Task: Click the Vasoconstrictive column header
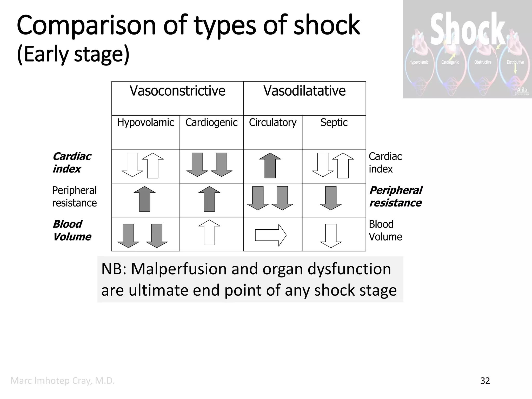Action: (177, 91)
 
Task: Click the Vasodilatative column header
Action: (304, 91)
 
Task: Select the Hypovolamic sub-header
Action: (145, 122)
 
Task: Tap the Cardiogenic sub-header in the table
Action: (211, 122)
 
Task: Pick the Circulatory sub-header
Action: (272, 122)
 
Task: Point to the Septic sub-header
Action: (334, 122)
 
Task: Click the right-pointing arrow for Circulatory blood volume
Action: (271, 235)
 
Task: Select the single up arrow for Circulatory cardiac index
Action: (270, 165)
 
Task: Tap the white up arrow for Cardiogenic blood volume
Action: (209, 232)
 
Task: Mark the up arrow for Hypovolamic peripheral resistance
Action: (145, 199)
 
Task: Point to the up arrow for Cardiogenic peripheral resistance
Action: (209, 199)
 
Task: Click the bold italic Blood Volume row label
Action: (72, 230)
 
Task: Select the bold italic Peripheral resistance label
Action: (395, 197)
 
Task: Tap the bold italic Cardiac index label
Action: (72, 163)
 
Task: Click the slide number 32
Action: (485, 381)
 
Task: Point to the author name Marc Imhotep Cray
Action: (63, 381)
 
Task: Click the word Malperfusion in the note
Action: (179, 269)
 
